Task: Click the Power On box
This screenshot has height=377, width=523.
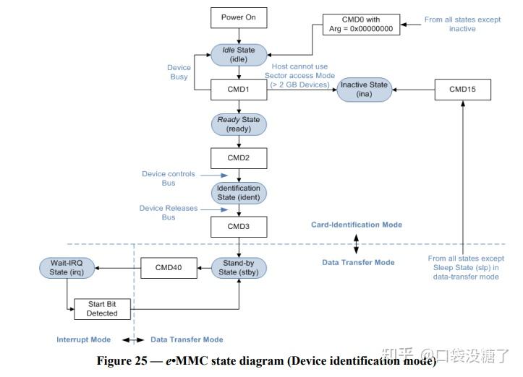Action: pyautogui.click(x=239, y=17)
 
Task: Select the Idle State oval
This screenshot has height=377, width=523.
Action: pyautogui.click(x=239, y=54)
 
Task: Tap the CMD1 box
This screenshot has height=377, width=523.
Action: pyautogui.click(x=239, y=90)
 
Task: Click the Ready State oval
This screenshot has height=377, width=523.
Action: pyautogui.click(x=239, y=124)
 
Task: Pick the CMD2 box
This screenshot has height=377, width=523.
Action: pyautogui.click(x=239, y=158)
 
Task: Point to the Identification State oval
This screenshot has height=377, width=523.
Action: pyautogui.click(x=239, y=192)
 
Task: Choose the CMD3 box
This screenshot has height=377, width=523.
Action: pyautogui.click(x=239, y=227)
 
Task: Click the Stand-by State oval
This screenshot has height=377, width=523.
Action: pyautogui.click(x=239, y=268)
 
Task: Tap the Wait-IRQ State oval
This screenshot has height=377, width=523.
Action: pyautogui.click(x=67, y=268)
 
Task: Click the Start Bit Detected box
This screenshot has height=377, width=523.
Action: pyautogui.click(x=102, y=308)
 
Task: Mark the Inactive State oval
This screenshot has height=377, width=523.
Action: pyautogui.click(x=365, y=90)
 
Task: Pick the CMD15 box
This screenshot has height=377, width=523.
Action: pyautogui.click(x=464, y=90)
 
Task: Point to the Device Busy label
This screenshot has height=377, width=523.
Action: pyautogui.click(x=178, y=71)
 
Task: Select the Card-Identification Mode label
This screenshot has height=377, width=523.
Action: pyautogui.click(x=356, y=225)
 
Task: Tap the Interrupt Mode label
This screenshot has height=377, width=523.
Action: pyautogui.click(x=83, y=339)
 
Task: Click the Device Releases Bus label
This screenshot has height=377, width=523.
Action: pyautogui.click(x=167, y=212)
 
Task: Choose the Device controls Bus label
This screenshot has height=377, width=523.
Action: pyautogui.click(x=167, y=178)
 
